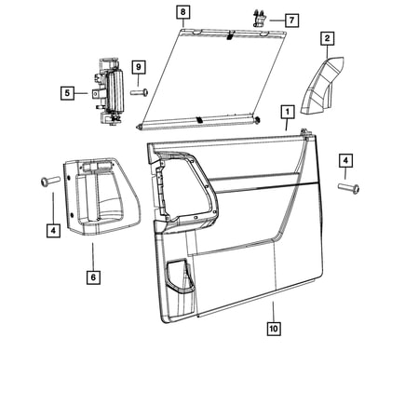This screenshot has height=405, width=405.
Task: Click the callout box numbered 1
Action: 288,112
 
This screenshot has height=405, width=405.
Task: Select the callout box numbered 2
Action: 328,39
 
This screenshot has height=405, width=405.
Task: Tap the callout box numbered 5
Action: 67,93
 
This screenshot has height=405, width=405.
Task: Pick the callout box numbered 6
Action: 93,277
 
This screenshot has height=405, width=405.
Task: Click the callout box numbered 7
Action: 291,20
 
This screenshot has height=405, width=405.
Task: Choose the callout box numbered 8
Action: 182,12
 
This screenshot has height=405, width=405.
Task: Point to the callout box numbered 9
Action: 139,67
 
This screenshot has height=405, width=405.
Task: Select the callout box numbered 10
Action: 274,329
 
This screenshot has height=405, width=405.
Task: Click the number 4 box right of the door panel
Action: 345,161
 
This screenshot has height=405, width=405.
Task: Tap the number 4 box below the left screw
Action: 53,231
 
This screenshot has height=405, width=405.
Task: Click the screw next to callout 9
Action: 140,92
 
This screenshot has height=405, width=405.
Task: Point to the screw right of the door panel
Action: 348,188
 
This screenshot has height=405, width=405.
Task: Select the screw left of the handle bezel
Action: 49,181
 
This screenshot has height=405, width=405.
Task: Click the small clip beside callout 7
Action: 260,19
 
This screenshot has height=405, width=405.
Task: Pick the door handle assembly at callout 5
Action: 107,92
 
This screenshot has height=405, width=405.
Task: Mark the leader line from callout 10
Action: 274,311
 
